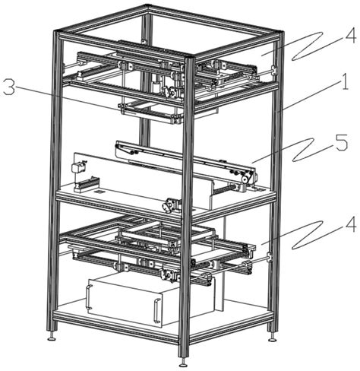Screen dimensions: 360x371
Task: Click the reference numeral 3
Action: [x=9, y=87]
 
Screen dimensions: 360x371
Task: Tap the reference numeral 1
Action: [x=345, y=81]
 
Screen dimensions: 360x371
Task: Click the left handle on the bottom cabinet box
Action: [x=88, y=296]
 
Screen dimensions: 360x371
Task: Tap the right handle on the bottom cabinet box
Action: [x=157, y=311]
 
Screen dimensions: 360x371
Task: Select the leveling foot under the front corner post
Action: [x=183, y=362]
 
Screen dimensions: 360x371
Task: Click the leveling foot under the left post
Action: [x=52, y=335]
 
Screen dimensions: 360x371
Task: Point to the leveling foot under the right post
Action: [x=272, y=336]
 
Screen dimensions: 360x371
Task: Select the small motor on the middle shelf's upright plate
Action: [x=77, y=167]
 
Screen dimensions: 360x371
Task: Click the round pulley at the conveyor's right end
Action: [x=245, y=179]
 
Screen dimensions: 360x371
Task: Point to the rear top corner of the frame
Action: [x=147, y=5]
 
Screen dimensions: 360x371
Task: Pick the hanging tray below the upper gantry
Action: [x=151, y=112]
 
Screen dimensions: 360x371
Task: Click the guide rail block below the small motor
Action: [x=87, y=184]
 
